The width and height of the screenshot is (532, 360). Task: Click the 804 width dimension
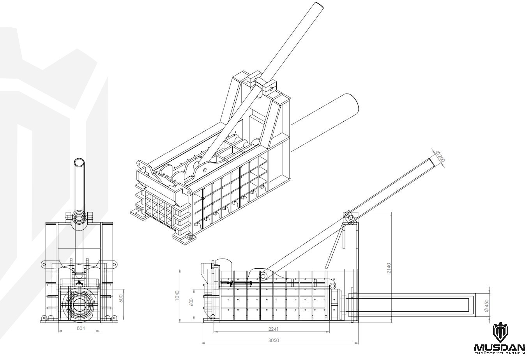click(81, 328)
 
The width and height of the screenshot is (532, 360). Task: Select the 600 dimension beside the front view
click(121, 299)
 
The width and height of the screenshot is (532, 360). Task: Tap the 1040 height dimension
click(177, 296)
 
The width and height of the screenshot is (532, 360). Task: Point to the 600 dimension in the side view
click(192, 302)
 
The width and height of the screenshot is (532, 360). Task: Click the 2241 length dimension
click(274, 329)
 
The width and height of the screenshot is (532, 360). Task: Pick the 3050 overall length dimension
click(274, 340)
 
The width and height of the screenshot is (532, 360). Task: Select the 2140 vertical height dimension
click(389, 268)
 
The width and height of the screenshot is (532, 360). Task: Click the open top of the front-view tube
click(80, 162)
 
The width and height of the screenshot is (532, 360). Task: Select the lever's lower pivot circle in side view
click(263, 276)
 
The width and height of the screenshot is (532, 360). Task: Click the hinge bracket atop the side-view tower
click(348, 217)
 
